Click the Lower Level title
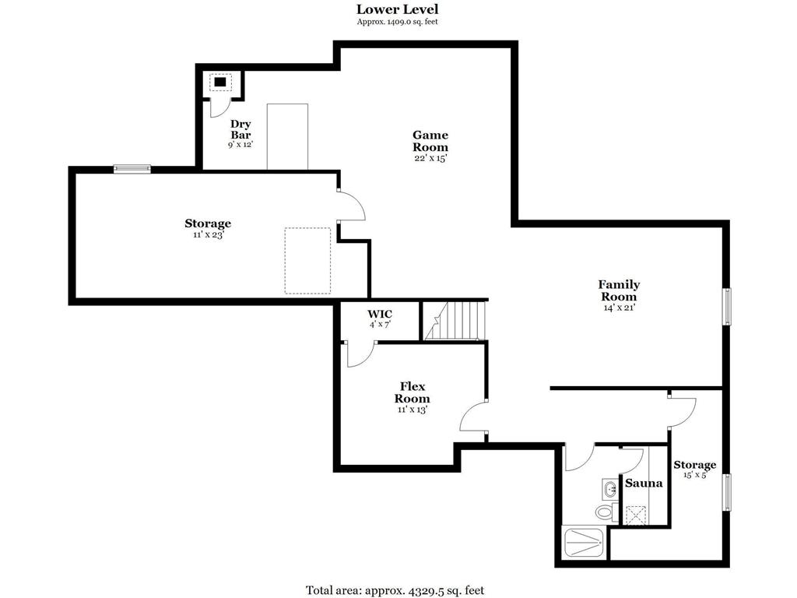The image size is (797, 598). tap(397, 9)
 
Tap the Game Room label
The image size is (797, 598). tap(430, 141)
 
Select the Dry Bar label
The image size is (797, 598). tap(241, 129)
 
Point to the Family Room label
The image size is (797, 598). tap(619, 290)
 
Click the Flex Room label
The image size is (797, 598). tap(413, 392)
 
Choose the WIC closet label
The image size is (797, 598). tap(380, 314)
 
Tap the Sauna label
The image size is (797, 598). tap(644, 483)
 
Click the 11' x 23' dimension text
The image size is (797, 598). tap(208, 235)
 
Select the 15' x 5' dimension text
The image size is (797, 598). tap(695, 475)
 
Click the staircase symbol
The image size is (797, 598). tap(455, 320)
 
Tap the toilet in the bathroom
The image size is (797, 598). tap(606, 511)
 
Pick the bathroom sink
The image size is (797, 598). tap(609, 489)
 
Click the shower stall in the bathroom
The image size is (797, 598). tap(584, 543)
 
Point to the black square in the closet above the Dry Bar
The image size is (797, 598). tap(220, 82)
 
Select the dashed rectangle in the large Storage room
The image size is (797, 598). tap(307, 260)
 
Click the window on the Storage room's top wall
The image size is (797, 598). tap(132, 169)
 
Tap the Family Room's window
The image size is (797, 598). tap(727, 306)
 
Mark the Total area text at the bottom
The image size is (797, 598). tap(395, 590)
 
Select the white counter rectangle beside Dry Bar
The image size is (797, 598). tap(288, 137)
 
